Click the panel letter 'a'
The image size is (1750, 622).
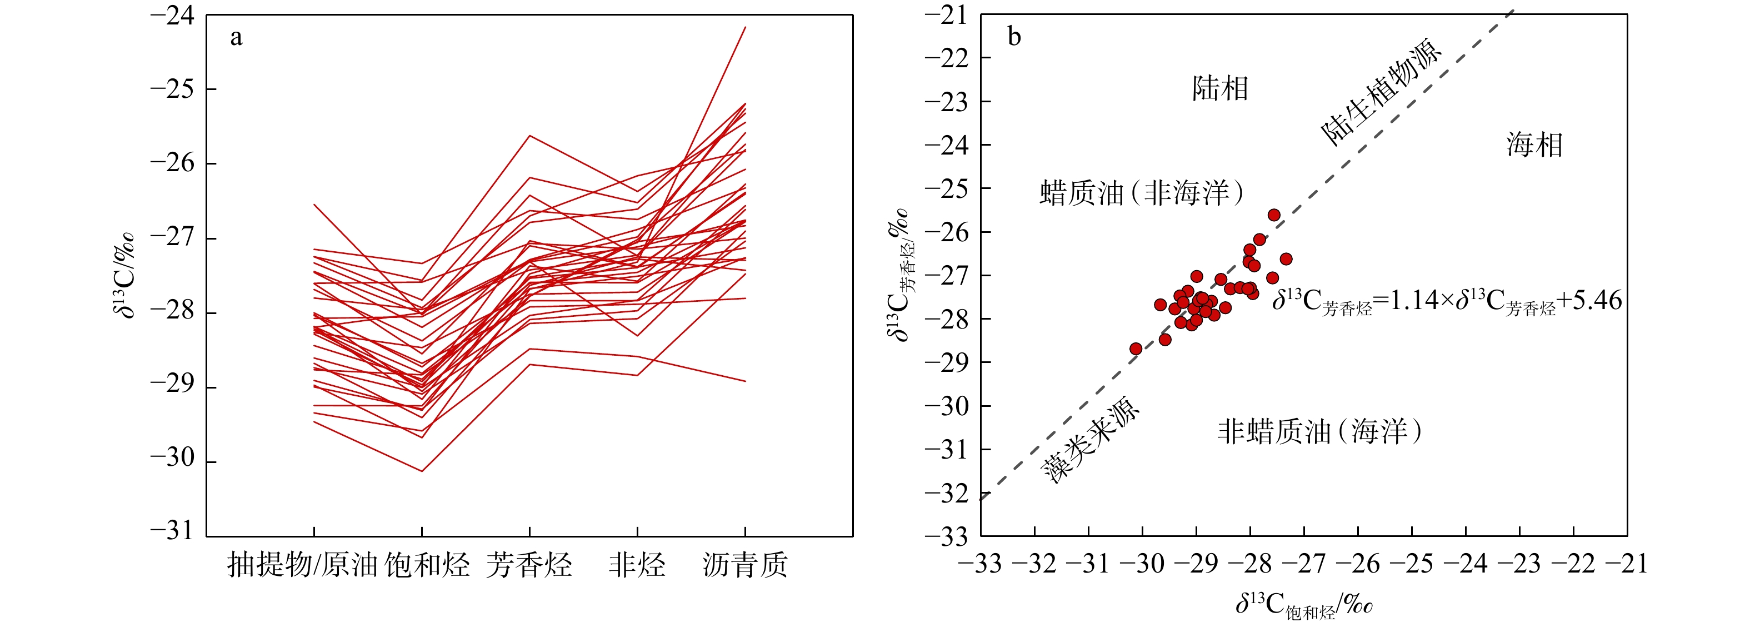(236, 37)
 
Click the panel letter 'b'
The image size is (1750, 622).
(1014, 37)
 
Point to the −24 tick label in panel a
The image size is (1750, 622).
(173, 16)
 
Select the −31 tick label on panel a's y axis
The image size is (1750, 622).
(173, 530)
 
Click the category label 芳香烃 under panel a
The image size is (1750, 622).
(529, 565)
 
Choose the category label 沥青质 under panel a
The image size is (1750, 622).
(745, 565)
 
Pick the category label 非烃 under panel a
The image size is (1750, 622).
(637, 565)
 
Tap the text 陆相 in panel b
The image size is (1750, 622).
(1220, 88)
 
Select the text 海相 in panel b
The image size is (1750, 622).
(1534, 145)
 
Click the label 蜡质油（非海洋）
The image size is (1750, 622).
(1141, 193)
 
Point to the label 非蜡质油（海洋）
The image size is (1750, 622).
(1319, 431)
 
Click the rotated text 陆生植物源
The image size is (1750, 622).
(1381, 91)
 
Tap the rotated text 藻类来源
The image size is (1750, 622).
(1091, 439)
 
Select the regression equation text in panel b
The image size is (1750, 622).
(1447, 301)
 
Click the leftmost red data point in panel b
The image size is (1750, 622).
(1136, 349)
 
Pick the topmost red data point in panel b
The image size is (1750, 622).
(1274, 215)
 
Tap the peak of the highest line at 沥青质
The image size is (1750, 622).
(745, 27)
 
